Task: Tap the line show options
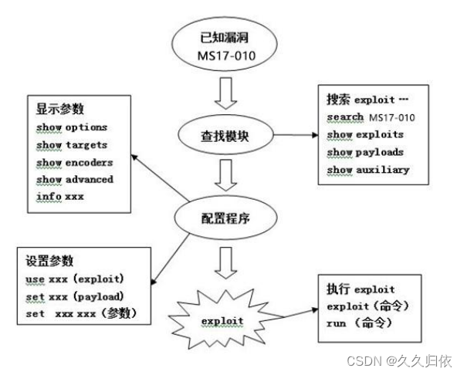click(72, 127)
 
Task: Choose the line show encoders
click(75, 162)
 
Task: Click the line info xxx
click(59, 197)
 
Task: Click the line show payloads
click(365, 152)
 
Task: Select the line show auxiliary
click(368, 170)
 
